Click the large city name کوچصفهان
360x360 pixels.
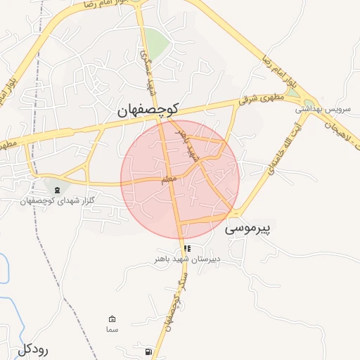pyautogui.click(x=148, y=110)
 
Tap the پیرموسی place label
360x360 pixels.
pyautogui.click(x=248, y=229)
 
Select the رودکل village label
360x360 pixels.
pyautogui.click(x=34, y=349)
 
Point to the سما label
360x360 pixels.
pyautogui.click(x=111, y=330)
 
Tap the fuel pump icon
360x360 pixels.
pyautogui.click(x=147, y=351)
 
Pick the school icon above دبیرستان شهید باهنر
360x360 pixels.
pyautogui.click(x=187, y=248)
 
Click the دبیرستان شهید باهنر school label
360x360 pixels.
pyautogui.click(x=188, y=259)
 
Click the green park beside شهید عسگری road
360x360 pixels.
pyautogui.click(x=157, y=44)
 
